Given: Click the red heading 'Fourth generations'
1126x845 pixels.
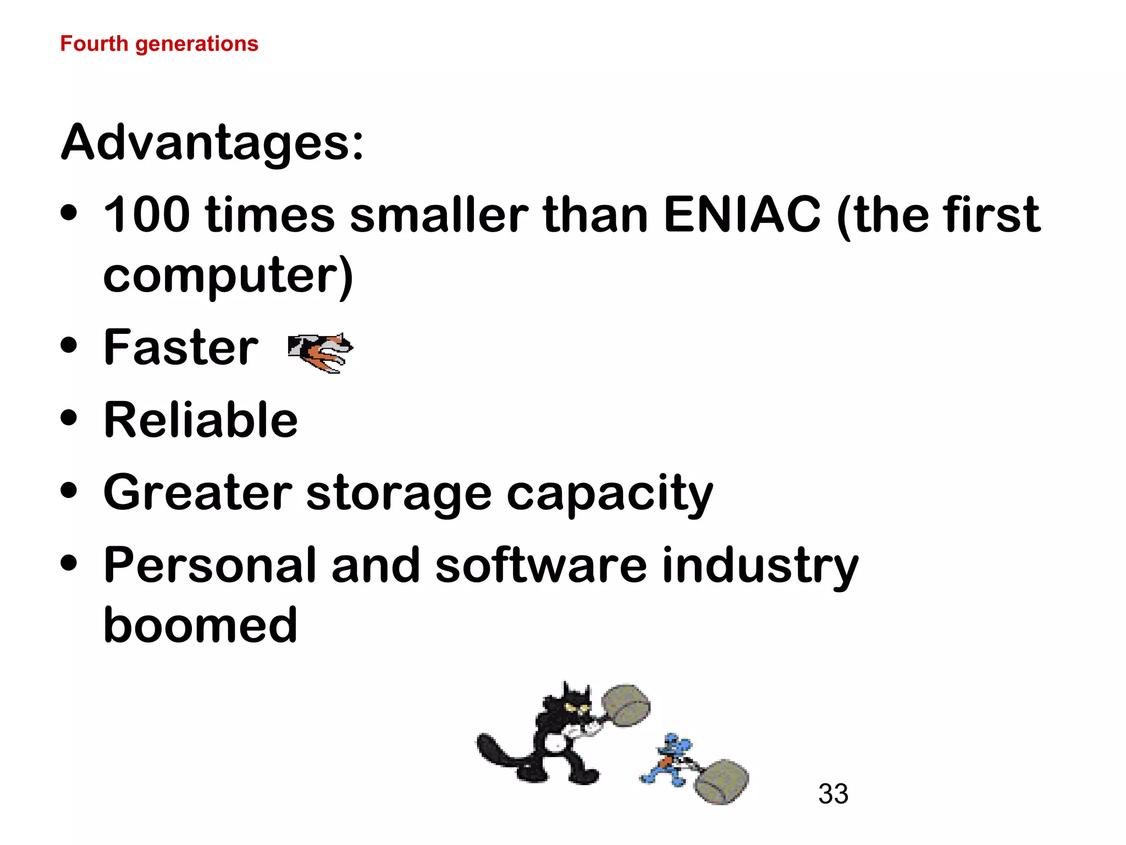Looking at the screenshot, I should tap(159, 44).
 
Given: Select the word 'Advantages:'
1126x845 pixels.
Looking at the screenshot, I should tap(212, 143).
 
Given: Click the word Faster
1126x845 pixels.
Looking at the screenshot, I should tap(181, 348).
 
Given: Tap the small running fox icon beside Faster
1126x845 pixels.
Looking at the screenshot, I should tap(321, 352).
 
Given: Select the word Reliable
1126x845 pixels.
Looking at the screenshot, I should tap(201, 420).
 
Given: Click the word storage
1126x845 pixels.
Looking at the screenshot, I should tap(399, 493).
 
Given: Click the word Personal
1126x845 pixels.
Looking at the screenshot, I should tap(209, 566).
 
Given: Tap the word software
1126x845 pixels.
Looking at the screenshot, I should tap(541, 566).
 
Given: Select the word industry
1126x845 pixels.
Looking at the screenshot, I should tap(760, 566).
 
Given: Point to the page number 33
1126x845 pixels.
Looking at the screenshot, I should tap(833, 794).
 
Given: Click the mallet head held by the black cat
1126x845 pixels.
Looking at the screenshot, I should tap(626, 706).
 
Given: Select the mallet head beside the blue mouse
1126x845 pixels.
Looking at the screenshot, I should tap(721, 781).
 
